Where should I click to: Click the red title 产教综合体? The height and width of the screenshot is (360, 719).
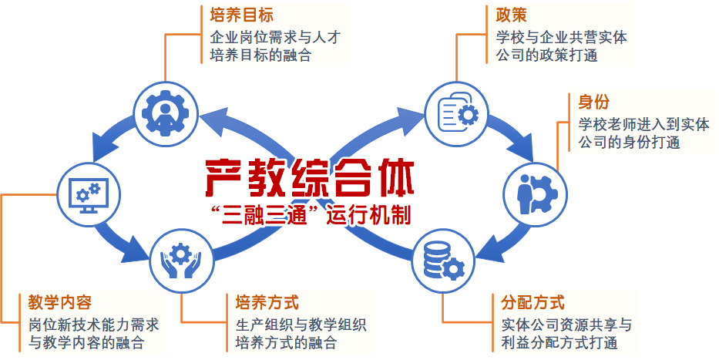[310, 178]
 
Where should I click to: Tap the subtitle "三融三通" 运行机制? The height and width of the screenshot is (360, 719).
[310, 215]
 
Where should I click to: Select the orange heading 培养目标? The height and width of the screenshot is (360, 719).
[242, 15]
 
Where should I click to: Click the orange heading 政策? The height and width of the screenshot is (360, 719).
[511, 15]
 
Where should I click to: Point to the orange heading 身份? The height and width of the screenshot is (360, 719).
[594, 102]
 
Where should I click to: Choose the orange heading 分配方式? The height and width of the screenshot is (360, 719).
[533, 303]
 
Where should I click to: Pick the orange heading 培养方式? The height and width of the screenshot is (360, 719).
[267, 303]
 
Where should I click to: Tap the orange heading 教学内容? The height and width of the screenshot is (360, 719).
[59, 303]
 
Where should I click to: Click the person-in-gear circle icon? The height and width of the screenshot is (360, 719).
[166, 113]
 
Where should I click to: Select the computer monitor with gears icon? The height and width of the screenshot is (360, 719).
[89, 194]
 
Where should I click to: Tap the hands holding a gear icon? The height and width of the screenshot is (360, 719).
[181, 261]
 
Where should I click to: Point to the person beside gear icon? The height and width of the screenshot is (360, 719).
[536, 194]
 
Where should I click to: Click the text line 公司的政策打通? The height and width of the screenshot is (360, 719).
[546, 56]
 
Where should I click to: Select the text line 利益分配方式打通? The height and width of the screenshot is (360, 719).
[559, 342]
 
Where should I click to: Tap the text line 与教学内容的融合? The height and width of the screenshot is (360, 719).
[86, 342]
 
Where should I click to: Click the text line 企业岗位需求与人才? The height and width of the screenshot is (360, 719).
[275, 37]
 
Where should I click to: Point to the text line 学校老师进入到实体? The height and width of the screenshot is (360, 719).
[643, 124]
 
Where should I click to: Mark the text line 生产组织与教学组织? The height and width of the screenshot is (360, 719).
[301, 325]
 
